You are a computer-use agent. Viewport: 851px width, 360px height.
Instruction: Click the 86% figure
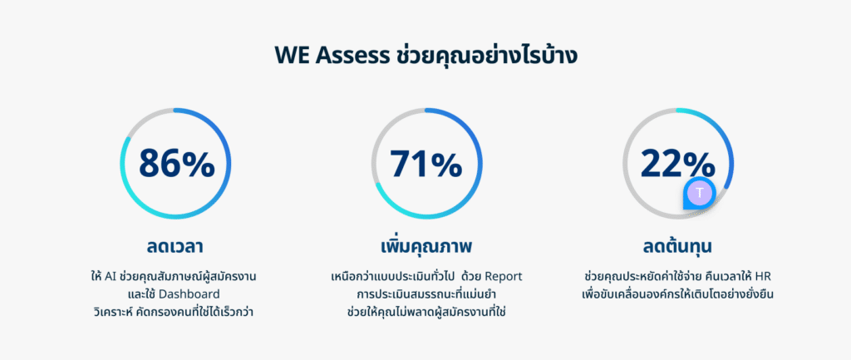[177, 163]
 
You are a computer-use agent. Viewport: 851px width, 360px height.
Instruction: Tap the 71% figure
[426, 163]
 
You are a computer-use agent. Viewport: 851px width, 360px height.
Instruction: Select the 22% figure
[677, 163]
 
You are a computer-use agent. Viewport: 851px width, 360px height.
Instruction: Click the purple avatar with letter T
[700, 193]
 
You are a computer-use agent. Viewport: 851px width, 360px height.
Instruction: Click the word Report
[503, 276]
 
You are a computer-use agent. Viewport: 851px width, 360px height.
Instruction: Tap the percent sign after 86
[197, 164]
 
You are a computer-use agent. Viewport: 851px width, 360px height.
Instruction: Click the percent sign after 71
[445, 164]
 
